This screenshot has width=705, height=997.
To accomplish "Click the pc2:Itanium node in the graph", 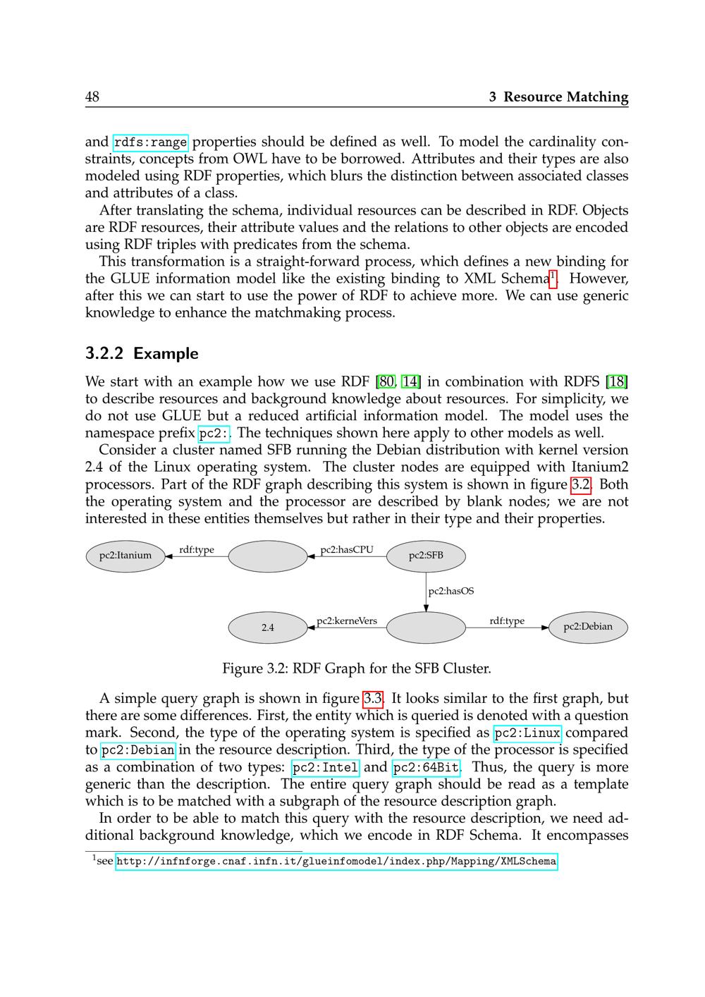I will coord(125,556).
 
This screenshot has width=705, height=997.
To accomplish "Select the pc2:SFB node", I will coord(426,556).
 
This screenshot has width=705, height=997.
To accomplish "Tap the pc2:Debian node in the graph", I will coord(588,627).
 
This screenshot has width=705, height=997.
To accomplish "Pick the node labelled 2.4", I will coord(268,628).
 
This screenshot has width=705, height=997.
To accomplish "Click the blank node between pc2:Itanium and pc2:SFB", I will coord(268,556).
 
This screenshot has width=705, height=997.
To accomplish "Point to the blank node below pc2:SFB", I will coord(426,628).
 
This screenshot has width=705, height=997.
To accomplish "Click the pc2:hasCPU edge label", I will coord(347,550).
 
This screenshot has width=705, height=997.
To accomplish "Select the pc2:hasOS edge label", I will coord(451,591).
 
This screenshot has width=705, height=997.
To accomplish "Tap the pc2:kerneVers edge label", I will coord(347,621).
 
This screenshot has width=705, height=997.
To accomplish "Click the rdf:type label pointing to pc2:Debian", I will coord(507,621).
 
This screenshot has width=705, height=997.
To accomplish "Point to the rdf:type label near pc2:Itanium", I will coord(197,550).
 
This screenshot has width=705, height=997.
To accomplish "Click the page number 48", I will coord(92,97).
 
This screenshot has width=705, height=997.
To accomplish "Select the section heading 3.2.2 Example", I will coord(142,353).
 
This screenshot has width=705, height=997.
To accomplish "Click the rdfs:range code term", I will coord(150,143).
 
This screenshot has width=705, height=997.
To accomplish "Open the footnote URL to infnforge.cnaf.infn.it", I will coord(336,861).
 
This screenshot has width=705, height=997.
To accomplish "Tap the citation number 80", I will coord(386,382).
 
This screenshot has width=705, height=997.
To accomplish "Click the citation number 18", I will coord(617,382).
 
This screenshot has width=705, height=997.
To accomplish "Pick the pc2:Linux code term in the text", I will coord(527,733).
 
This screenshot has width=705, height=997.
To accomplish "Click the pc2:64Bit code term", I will coord(426,768).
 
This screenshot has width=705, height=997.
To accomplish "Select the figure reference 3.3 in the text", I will coord(372,699).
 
